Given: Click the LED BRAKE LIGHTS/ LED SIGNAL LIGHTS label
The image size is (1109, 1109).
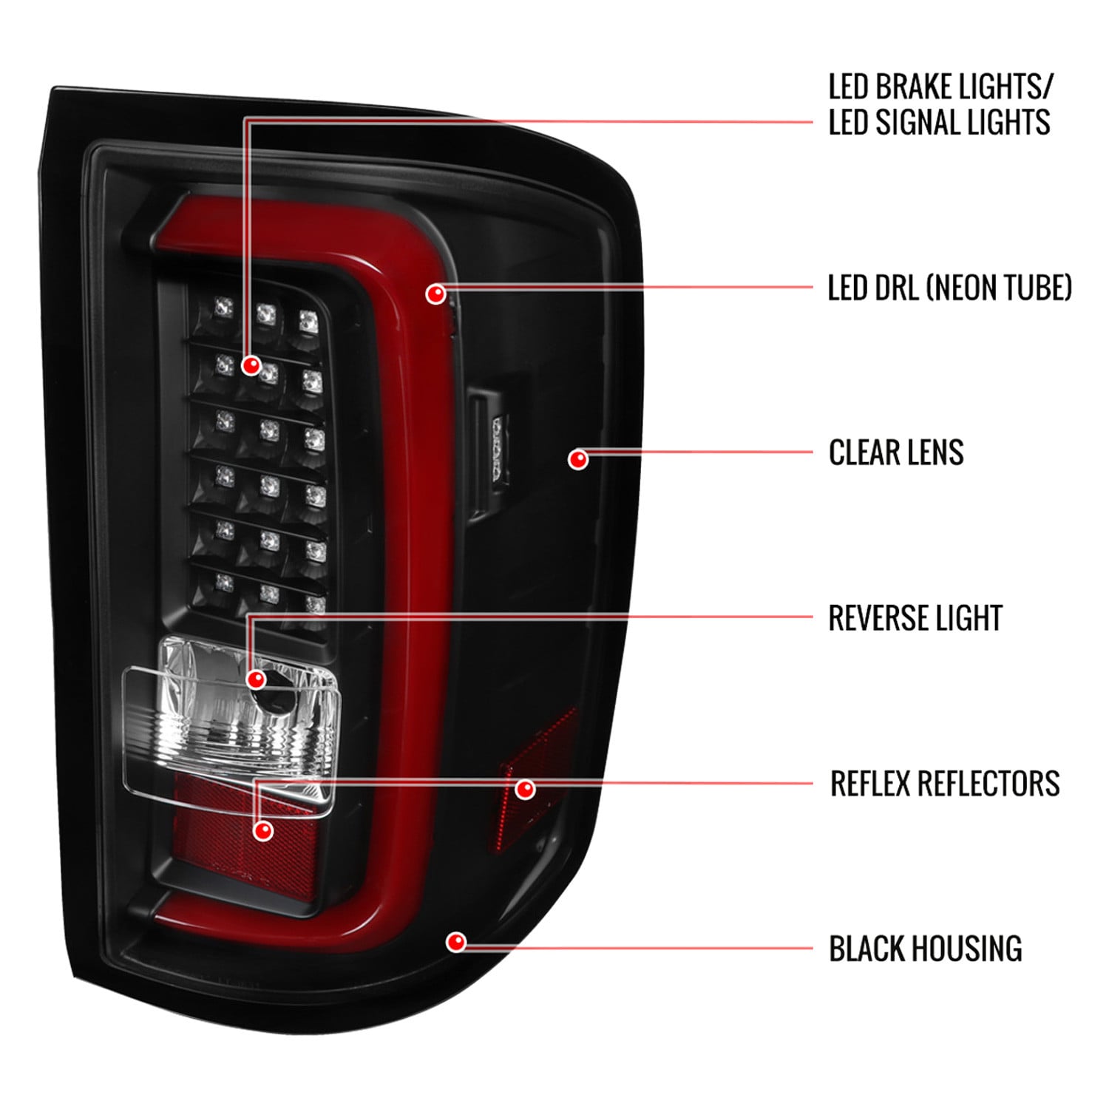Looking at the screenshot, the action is coord(940,104).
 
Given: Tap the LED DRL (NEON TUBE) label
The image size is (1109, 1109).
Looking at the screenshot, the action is coord(950,288).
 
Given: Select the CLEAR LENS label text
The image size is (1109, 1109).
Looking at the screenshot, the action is coord(896,452).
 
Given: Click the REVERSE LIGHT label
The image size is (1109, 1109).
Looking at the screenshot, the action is coord(915,618).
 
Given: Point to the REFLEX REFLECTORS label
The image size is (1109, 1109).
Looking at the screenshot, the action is coord(945,784).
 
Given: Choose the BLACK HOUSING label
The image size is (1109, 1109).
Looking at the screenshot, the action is coord(926,949).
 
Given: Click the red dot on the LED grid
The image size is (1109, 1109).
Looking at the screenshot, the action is coord(251,364).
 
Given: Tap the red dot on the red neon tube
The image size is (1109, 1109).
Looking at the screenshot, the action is coord(436,294).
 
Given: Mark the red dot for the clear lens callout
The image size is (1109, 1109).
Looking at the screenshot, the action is coord(578,459).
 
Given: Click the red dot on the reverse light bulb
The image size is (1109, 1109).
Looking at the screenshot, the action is coord(257,679).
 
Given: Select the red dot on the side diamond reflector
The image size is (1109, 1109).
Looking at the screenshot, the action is coord(525,789).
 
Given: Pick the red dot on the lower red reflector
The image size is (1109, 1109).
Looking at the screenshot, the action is coord(262,830).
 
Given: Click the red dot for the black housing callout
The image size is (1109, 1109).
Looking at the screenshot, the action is coord(456,941).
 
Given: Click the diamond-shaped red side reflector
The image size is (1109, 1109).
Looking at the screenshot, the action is coord(537,784).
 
